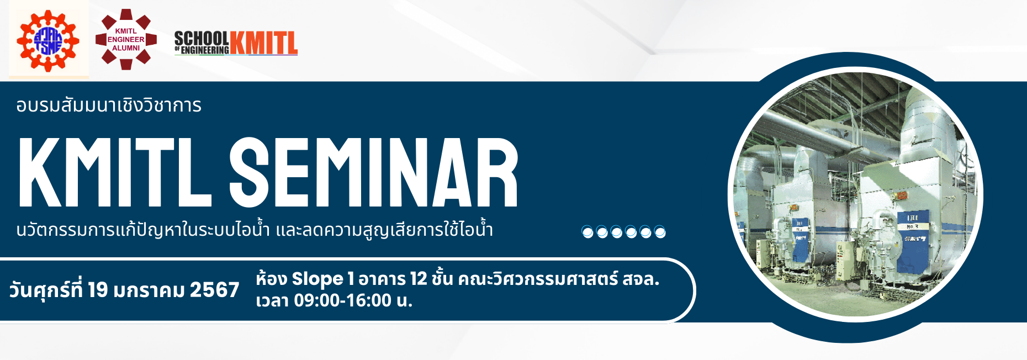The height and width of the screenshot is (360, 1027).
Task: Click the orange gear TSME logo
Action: [48, 40]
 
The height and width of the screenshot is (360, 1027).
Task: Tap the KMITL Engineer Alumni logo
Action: [126, 39]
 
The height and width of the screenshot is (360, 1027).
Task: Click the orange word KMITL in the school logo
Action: [263, 43]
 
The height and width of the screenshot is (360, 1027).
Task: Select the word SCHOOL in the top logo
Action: [202, 38]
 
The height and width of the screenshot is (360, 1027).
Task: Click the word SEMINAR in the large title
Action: [374, 172]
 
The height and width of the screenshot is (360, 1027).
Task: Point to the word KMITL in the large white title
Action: [115, 172]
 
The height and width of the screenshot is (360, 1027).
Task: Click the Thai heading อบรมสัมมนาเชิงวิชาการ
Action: [109, 105]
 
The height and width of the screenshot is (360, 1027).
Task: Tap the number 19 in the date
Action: [98, 289]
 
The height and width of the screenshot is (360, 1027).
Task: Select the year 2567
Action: [214, 289]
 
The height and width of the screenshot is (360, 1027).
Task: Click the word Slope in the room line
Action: [317, 279]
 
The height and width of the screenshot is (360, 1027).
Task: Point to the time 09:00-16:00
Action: [342, 300]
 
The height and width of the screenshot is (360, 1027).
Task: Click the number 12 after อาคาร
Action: [419, 279]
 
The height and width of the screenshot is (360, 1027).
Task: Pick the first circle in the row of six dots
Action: [587, 232]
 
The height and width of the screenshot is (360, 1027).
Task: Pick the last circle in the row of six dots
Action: [660, 232]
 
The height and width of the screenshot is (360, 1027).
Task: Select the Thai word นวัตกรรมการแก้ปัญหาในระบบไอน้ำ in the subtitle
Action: [143, 230]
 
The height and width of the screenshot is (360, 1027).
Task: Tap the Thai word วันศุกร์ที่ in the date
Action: [46, 289]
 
